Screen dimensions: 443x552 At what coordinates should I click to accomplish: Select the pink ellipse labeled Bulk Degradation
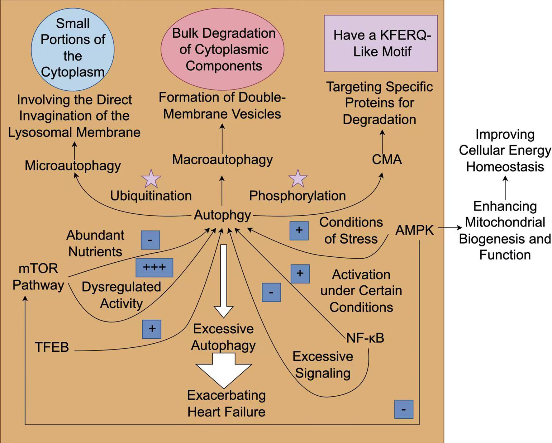coord(222,49)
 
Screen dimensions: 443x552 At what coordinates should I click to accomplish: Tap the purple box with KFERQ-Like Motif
coord(381,43)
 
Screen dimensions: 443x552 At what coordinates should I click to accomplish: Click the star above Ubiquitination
coord(151,179)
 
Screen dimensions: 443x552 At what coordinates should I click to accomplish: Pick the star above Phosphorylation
coord(298,179)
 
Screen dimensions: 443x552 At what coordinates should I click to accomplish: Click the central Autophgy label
coord(222,215)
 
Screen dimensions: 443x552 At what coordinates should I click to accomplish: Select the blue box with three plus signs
coord(154,268)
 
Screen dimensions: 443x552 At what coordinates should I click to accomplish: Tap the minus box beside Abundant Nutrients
coord(150,240)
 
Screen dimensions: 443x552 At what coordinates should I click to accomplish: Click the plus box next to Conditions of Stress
coord(299,231)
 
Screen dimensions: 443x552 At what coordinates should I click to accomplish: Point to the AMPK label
coord(414,230)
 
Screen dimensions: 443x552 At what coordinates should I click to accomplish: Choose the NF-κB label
coord(365,338)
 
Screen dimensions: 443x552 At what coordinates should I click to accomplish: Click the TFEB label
coord(52,347)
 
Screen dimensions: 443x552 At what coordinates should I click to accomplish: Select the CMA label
coord(387,160)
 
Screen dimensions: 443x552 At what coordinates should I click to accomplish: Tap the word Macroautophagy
coord(222,160)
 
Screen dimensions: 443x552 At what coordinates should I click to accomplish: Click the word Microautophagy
coord(73,165)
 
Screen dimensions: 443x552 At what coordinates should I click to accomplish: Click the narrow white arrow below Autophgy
coord(223,280)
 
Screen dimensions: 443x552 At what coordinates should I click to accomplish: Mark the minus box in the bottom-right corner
coord(404,409)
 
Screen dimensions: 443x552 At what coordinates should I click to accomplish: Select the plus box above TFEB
coord(152,329)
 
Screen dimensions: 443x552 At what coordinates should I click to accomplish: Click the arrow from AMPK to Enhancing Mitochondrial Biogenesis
coord(450,228)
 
